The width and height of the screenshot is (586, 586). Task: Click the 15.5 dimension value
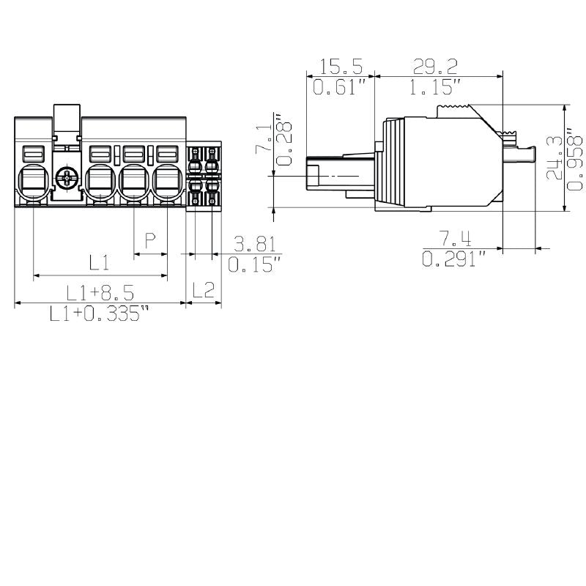(x=341, y=67)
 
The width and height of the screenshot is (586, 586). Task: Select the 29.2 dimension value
(x=435, y=67)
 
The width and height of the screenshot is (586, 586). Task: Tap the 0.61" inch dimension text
(x=340, y=88)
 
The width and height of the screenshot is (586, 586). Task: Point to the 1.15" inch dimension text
(x=435, y=88)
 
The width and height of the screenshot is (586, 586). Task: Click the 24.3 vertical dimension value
(x=555, y=157)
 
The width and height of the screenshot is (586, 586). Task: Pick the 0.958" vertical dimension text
(x=576, y=157)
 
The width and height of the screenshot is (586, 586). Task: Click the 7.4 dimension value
(x=454, y=239)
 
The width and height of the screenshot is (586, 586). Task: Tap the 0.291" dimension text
(x=454, y=259)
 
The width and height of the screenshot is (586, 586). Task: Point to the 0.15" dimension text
(x=254, y=264)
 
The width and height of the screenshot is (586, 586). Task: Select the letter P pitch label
(x=150, y=241)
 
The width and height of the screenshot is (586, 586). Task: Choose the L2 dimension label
(x=203, y=291)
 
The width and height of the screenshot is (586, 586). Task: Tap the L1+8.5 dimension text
(x=100, y=294)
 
